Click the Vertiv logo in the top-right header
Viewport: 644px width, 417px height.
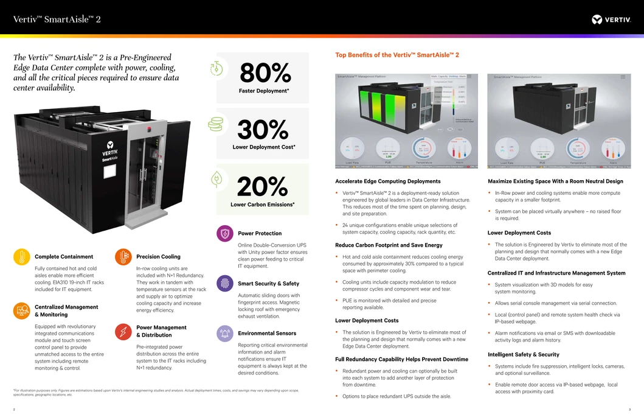pos(611,19)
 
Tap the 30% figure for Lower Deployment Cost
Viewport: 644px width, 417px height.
pos(263,130)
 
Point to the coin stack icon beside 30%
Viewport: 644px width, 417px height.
pos(216,124)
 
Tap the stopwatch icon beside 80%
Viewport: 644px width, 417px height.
pos(216,69)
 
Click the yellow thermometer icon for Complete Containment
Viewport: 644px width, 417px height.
pos(21,256)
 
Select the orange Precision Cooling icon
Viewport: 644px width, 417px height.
pos(123,256)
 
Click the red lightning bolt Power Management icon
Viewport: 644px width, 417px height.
pos(123,331)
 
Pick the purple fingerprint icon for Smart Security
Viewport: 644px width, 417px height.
pos(225,283)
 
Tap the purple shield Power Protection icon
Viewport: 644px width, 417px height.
pos(225,233)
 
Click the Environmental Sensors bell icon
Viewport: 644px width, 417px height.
pos(225,333)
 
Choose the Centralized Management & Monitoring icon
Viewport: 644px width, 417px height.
pos(21,310)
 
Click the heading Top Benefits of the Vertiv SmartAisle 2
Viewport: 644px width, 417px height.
pos(397,55)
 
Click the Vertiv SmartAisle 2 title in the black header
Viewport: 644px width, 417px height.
pos(57,19)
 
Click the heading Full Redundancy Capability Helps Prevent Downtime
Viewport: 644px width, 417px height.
pos(401,359)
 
